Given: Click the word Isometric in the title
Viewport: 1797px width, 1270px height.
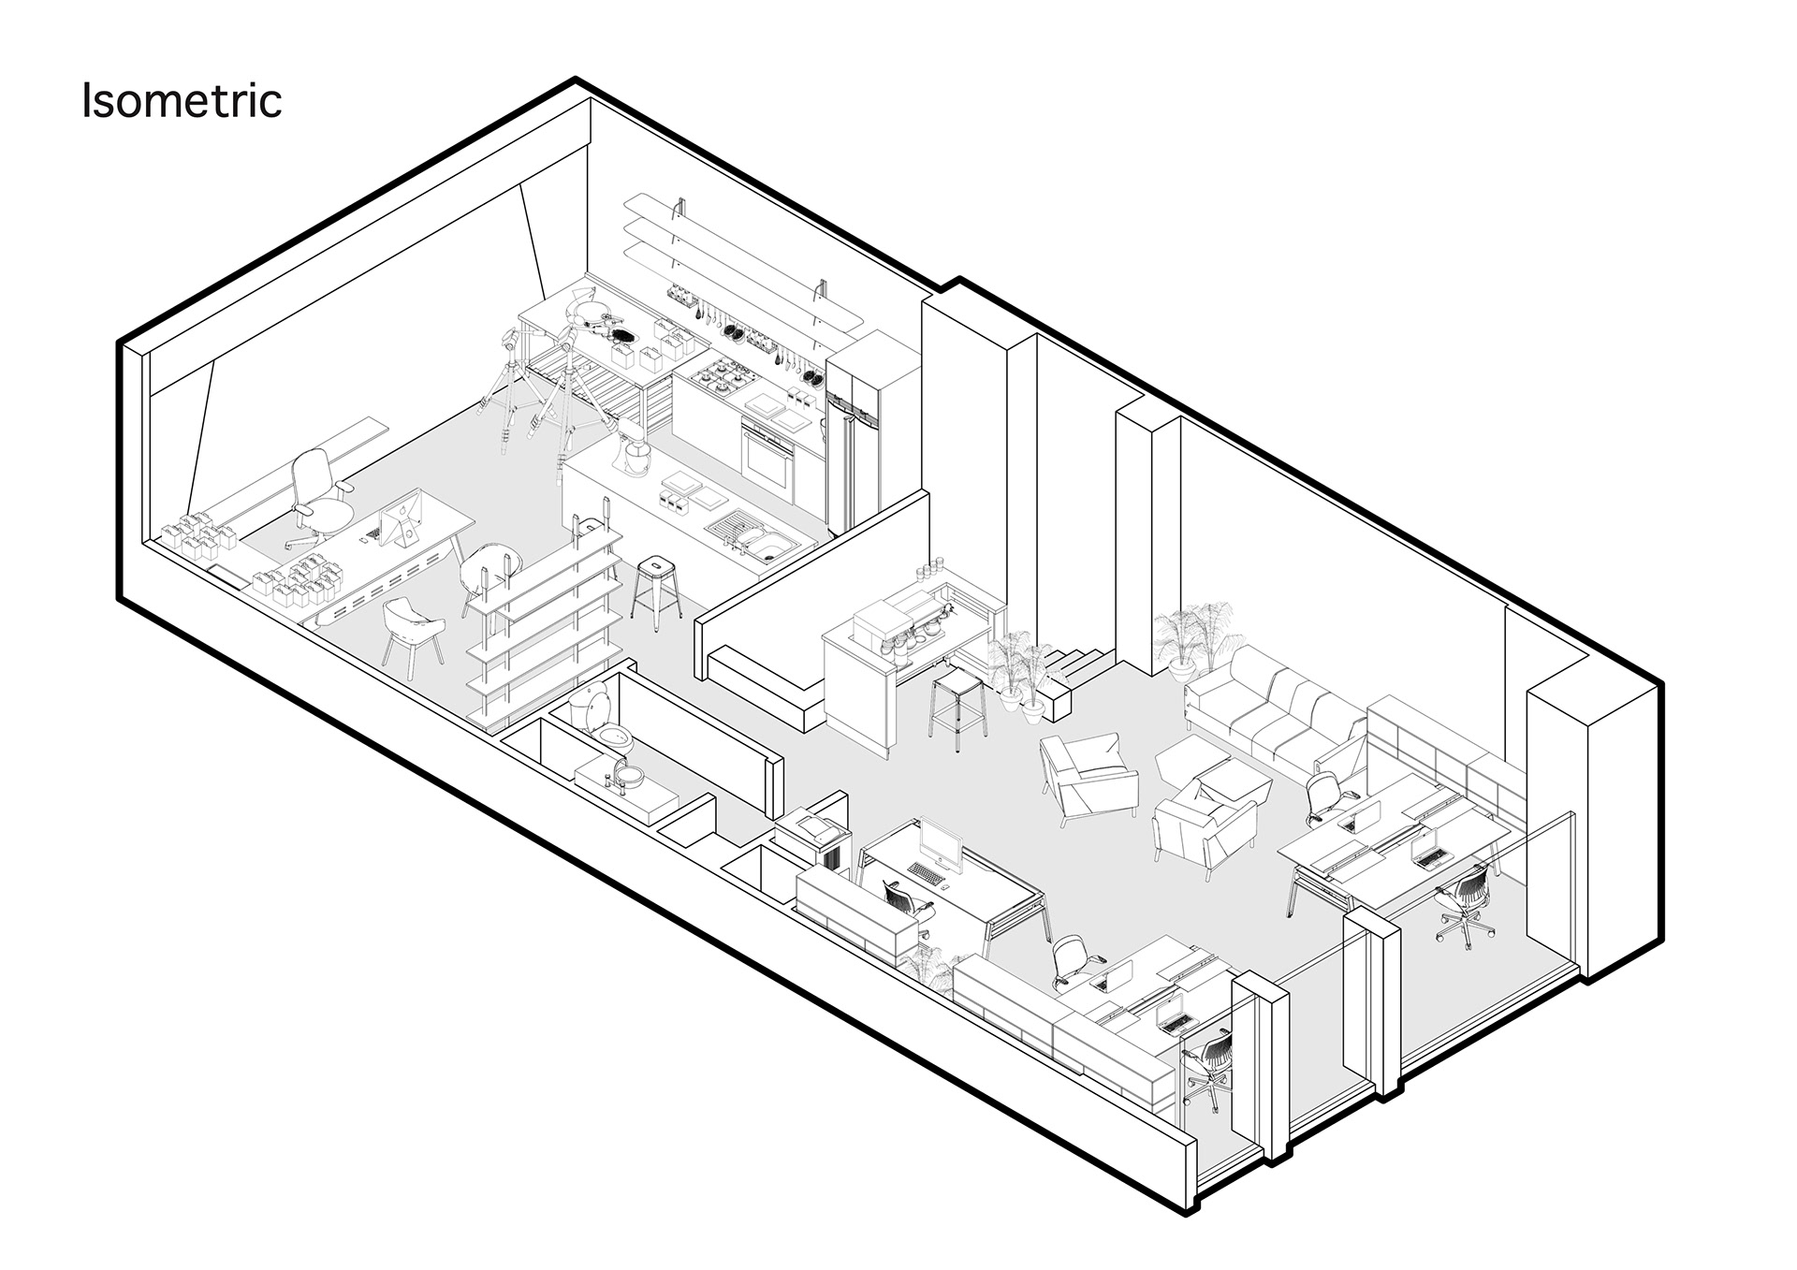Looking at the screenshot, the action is pos(182,101).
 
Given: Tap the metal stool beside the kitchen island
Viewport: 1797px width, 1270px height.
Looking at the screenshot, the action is pos(654,589).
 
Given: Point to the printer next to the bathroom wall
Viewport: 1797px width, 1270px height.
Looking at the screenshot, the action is pos(811,829).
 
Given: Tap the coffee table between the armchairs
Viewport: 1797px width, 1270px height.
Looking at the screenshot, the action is pos(1213,764).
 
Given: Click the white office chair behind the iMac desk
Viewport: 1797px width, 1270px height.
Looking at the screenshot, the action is pos(318,497).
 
